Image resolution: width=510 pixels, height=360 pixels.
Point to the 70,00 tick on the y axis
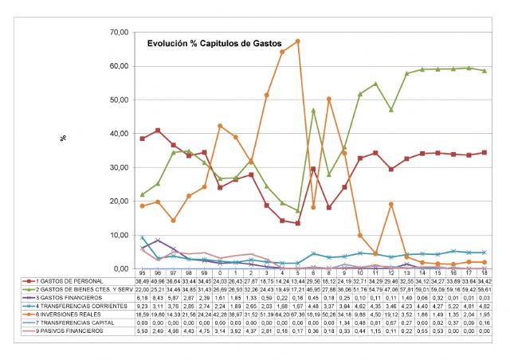pos(119,32)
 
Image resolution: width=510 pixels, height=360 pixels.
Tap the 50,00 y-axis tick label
pos(119,100)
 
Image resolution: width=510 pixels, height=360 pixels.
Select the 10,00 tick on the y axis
pos(119,235)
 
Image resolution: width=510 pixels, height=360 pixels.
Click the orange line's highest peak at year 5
pos(298,41)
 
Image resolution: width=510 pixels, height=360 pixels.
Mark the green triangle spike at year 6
pos(313,110)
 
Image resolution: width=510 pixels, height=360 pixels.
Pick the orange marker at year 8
pos(329,99)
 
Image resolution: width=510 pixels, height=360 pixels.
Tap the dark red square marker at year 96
pos(158,131)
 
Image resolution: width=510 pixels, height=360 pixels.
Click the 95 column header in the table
pos(143,272)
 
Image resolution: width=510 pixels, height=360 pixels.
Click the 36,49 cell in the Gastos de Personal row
pos(143,281)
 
